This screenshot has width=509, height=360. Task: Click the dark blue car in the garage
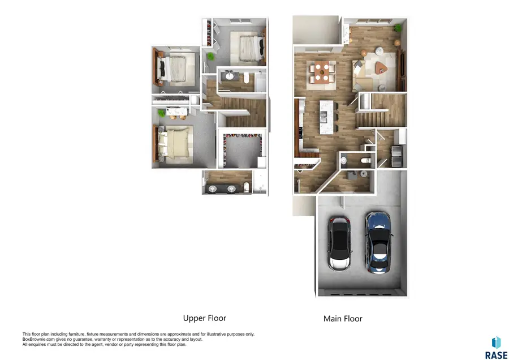tap(377, 243)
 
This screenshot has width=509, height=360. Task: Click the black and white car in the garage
tap(339, 245)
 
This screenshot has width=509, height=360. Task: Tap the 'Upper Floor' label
tap(204, 318)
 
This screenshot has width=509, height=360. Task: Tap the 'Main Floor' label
tap(343, 319)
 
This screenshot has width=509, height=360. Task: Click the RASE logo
tap(496, 348)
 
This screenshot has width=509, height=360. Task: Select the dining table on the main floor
tap(321, 73)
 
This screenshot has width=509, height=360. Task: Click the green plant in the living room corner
tap(398, 28)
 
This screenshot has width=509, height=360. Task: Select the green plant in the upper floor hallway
tap(211, 56)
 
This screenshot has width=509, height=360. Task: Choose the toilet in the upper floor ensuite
tap(248, 187)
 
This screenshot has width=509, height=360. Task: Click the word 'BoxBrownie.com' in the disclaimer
tap(36, 339)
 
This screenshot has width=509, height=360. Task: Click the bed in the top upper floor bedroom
tap(247, 49)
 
